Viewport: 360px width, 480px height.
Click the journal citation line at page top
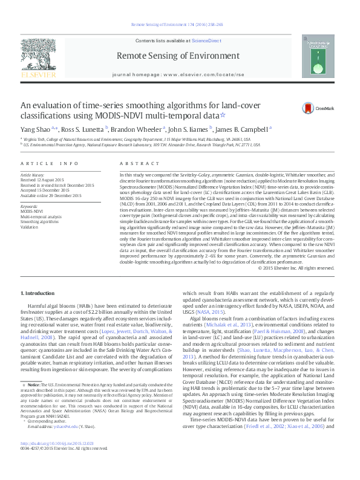point(180,25)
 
